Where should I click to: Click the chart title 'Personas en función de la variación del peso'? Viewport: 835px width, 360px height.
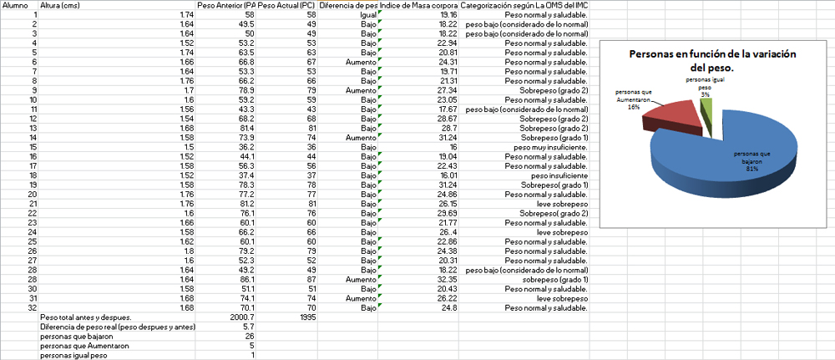pyautogui.click(x=712, y=59)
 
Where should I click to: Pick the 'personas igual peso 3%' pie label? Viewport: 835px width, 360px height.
pyautogui.click(x=705, y=86)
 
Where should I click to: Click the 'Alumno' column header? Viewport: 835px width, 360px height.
pyautogui.click(x=15, y=6)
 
